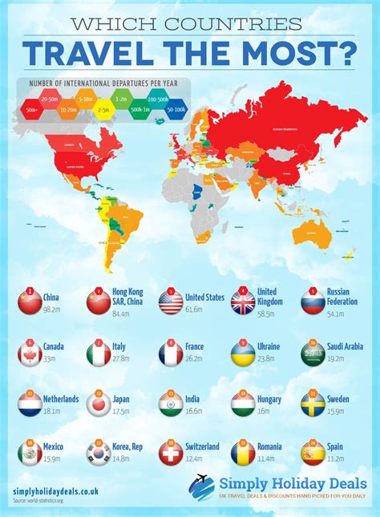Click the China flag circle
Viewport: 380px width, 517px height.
point(29,302)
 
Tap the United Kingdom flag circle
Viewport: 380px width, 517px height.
point(243,302)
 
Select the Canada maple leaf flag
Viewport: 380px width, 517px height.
point(29,353)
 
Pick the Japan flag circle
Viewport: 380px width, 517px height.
point(99,404)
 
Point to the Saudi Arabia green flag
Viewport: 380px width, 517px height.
point(313,353)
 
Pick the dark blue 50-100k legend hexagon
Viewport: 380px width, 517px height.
point(176,109)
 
